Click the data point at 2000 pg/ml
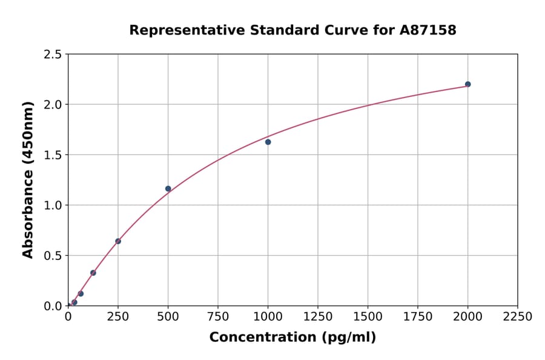tap(467, 84)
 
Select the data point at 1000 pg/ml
tap(268, 142)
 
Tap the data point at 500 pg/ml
tap(168, 188)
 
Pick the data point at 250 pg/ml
tap(118, 241)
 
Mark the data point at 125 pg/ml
tap(93, 273)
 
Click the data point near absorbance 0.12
tap(81, 294)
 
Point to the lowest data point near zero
tap(74, 302)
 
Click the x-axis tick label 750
tap(218, 317)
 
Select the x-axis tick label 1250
tap(318, 317)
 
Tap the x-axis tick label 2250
tap(518, 317)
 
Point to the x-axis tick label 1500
tap(368, 317)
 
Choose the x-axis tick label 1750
tap(418, 317)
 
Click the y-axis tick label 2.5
tap(53, 55)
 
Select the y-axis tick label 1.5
tap(53, 155)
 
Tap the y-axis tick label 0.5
tap(53, 256)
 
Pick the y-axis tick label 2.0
tap(53, 105)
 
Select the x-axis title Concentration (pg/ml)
tap(292, 338)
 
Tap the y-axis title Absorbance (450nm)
tap(28, 180)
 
